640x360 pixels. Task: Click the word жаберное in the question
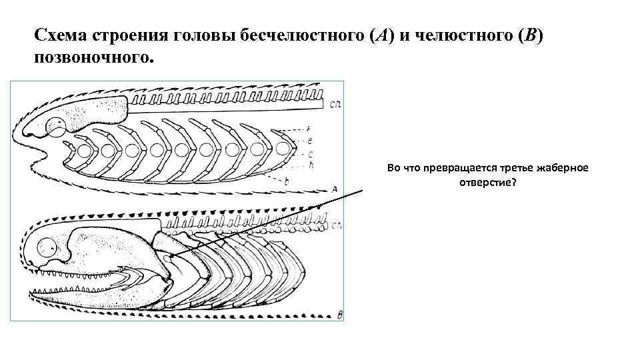coord(565,167)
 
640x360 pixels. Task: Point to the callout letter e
coord(310,140)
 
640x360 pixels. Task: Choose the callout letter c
coord(311,154)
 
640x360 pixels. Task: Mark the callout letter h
coord(311,164)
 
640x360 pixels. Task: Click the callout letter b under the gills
coord(286,181)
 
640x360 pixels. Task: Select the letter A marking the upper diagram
coord(333,189)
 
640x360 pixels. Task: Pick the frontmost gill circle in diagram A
coord(84,150)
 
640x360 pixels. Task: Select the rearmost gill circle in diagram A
coord(283,149)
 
